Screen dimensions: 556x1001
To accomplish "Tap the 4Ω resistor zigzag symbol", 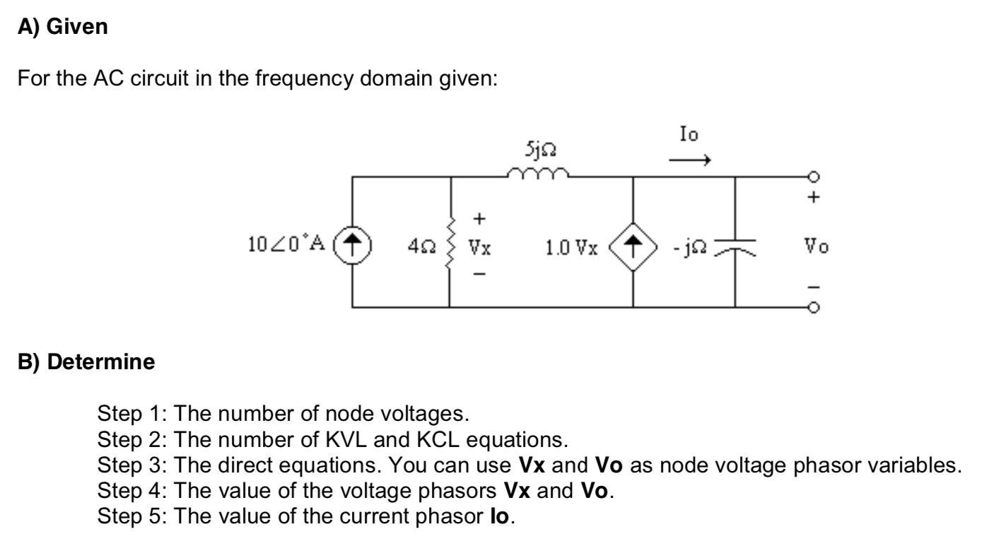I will click(x=450, y=247).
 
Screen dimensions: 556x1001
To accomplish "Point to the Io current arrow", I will click(x=689, y=161).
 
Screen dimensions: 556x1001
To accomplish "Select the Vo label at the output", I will click(x=816, y=247).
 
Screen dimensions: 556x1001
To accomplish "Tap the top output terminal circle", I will click(x=815, y=177).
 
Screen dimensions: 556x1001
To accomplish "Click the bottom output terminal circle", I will click(x=815, y=308).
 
